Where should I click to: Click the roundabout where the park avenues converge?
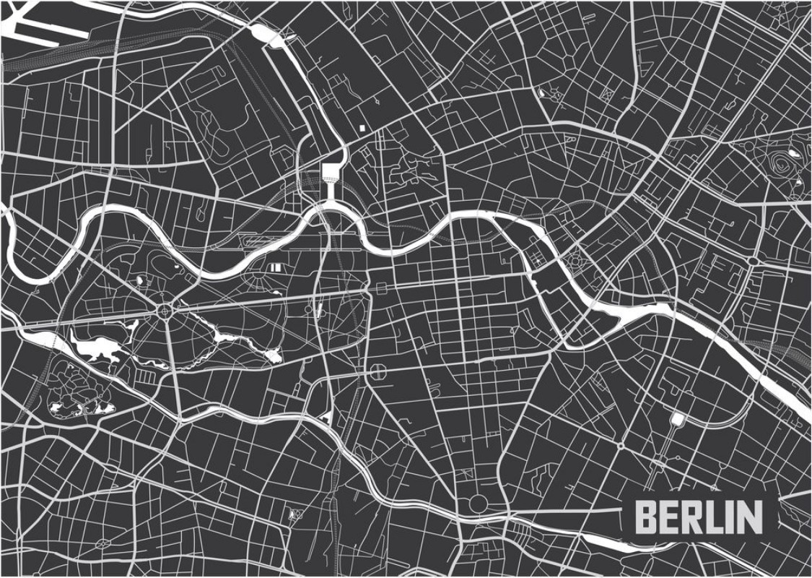coord(165,311)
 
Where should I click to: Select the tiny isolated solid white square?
coord(362,129)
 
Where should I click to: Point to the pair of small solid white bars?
coord(275,267)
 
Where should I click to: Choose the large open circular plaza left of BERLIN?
coord(477,503)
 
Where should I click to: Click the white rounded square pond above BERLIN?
coord(676,419)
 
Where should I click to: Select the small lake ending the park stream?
coord(272,355)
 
